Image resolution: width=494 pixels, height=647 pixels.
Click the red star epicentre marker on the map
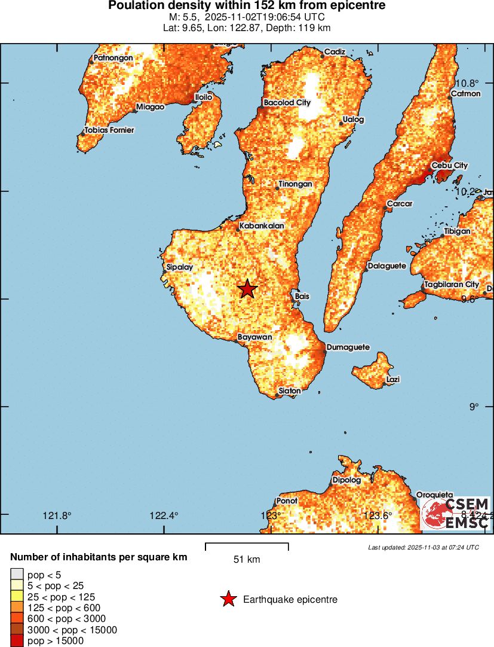click(x=247, y=289)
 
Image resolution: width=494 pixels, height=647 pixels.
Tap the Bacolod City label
click(x=287, y=103)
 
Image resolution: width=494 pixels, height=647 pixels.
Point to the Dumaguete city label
click(x=348, y=347)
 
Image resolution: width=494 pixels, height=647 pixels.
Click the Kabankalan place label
click(x=262, y=226)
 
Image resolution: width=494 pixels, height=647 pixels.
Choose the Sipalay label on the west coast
click(x=180, y=267)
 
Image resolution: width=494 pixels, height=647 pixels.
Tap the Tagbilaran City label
click(x=452, y=285)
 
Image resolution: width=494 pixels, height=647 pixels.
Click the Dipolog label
click(x=347, y=480)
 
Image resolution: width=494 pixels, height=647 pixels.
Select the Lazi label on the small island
click(x=393, y=379)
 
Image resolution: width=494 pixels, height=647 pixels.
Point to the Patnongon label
click(x=113, y=58)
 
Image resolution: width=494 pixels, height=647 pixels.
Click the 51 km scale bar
click(x=247, y=546)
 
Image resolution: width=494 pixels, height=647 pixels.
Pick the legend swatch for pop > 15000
click(x=17, y=641)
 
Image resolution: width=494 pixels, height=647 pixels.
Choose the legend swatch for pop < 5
click(x=17, y=575)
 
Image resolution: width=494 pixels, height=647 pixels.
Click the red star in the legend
click(x=228, y=599)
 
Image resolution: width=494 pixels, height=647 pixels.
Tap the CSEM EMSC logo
click(x=456, y=513)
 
